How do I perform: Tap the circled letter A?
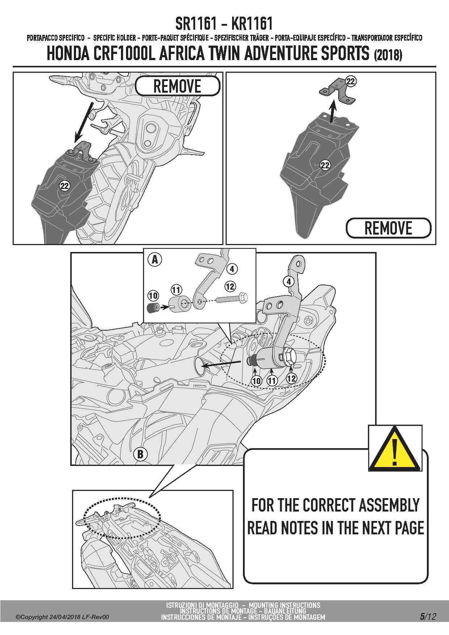155,259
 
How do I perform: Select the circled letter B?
140,454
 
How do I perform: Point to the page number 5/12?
428,617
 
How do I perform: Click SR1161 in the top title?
196,24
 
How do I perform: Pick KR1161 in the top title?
252,24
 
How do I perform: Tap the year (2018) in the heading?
388,55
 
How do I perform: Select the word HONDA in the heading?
68,54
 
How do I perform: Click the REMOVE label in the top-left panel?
177,86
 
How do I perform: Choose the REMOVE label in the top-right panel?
389,228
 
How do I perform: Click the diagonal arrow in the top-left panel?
83,122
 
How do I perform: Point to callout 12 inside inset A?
230,286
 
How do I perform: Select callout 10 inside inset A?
153,295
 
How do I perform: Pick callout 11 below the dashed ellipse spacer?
272,380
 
